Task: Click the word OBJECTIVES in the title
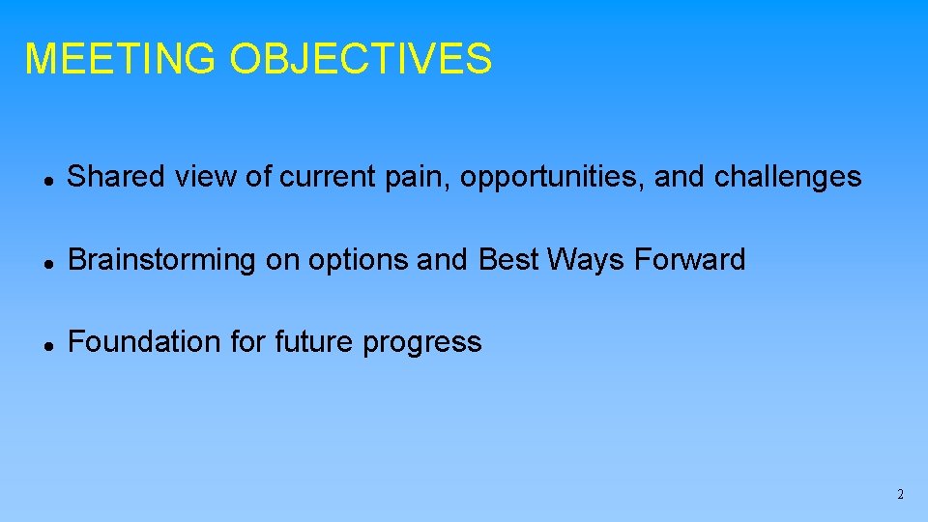[x=361, y=59]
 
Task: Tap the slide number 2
[x=900, y=494]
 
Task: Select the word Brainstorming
[x=161, y=260]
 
